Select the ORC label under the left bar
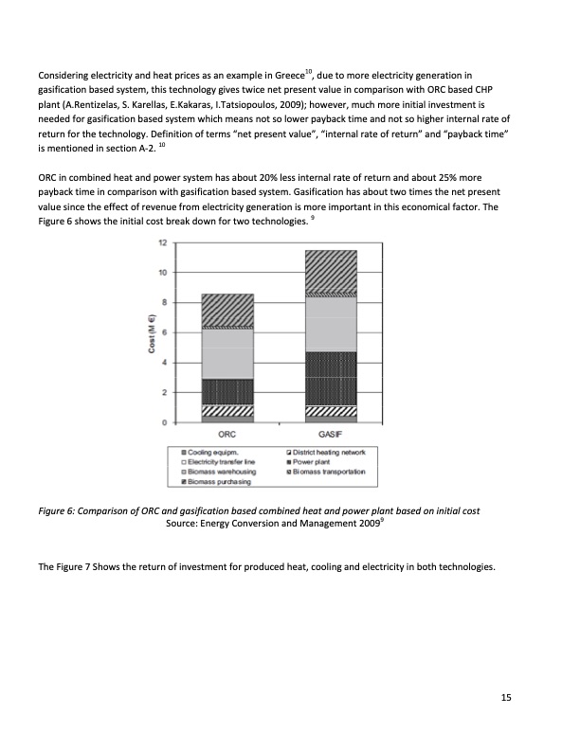(227, 434)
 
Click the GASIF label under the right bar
(330, 434)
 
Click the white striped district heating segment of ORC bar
(227, 411)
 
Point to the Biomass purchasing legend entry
(220, 482)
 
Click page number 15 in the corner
(506, 698)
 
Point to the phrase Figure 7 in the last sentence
(78, 567)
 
